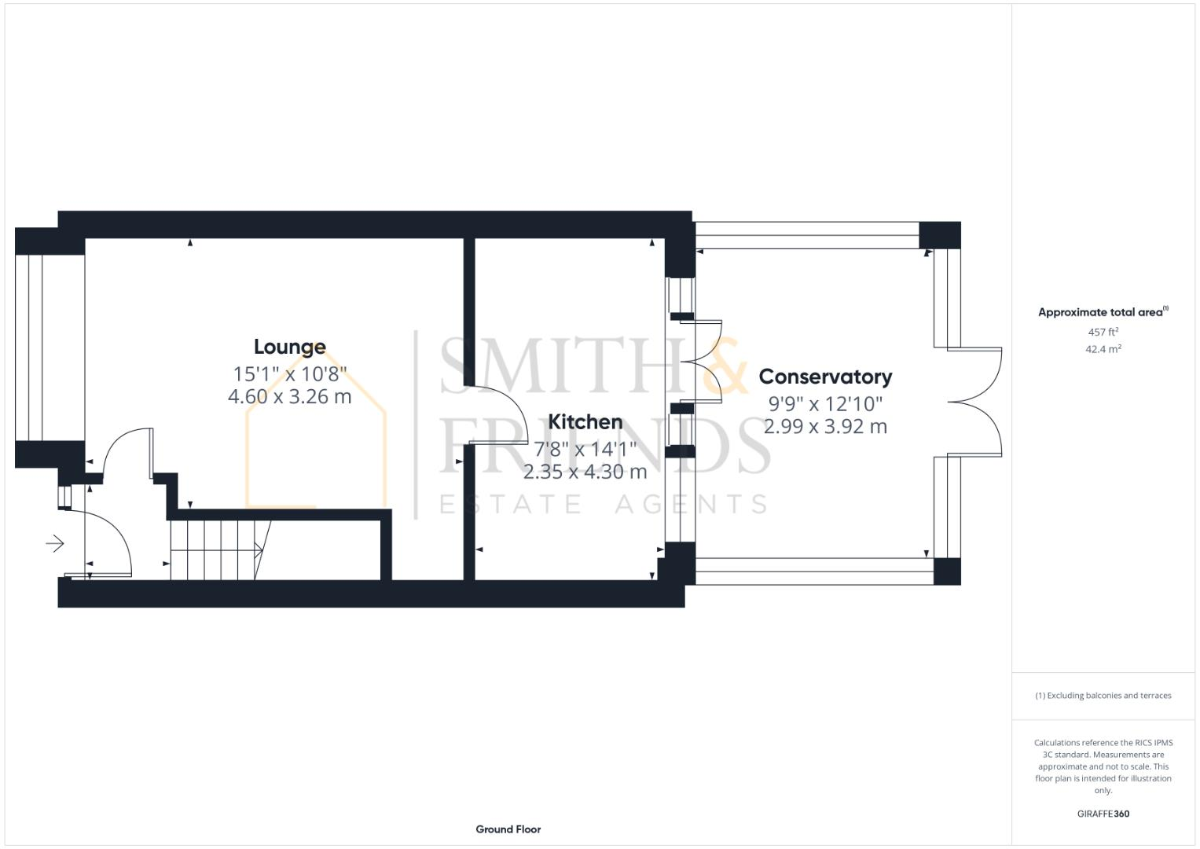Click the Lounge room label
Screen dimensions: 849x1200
289,347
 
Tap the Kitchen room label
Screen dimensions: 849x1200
585,422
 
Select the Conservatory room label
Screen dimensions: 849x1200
825,377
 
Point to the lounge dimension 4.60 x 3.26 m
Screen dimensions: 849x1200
289,397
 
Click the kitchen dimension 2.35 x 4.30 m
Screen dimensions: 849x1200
585,472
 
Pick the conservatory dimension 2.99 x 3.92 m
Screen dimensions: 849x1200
825,427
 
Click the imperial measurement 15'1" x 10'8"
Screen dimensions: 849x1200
289,373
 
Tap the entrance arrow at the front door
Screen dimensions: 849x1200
55,543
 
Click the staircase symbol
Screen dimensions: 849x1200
216,550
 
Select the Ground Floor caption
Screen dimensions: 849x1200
508,829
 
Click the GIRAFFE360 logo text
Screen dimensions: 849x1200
1103,814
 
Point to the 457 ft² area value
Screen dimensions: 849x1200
1103,332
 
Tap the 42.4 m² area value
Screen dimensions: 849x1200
1103,349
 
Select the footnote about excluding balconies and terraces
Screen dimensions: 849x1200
1103,696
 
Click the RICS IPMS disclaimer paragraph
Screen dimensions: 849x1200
1103,766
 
